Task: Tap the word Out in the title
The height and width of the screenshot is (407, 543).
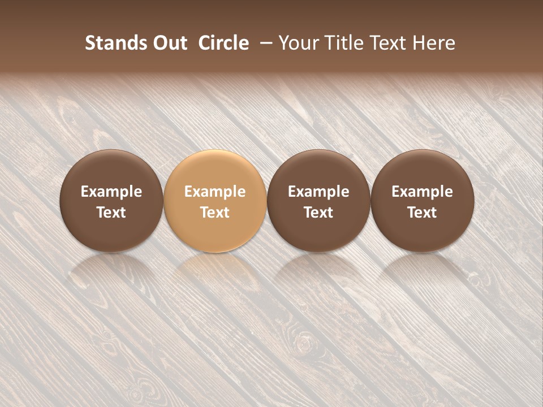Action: pyautogui.click(x=169, y=43)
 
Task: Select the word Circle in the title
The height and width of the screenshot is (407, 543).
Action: pyautogui.click(x=223, y=43)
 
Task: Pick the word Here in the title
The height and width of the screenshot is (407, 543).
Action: pyautogui.click(x=434, y=43)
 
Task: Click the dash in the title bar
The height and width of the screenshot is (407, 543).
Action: pyautogui.click(x=264, y=43)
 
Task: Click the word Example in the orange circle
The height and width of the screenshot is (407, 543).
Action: pyautogui.click(x=215, y=192)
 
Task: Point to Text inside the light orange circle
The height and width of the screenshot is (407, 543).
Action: pyautogui.click(x=215, y=213)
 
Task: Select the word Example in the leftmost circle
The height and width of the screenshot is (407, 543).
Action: pyautogui.click(x=111, y=192)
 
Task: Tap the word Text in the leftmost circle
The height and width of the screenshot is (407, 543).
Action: pyautogui.click(x=111, y=213)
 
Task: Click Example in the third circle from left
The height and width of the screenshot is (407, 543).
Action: pyautogui.click(x=318, y=192)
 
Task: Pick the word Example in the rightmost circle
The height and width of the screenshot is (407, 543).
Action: pyautogui.click(x=423, y=192)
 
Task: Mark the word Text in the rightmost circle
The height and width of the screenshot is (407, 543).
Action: pyautogui.click(x=423, y=213)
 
